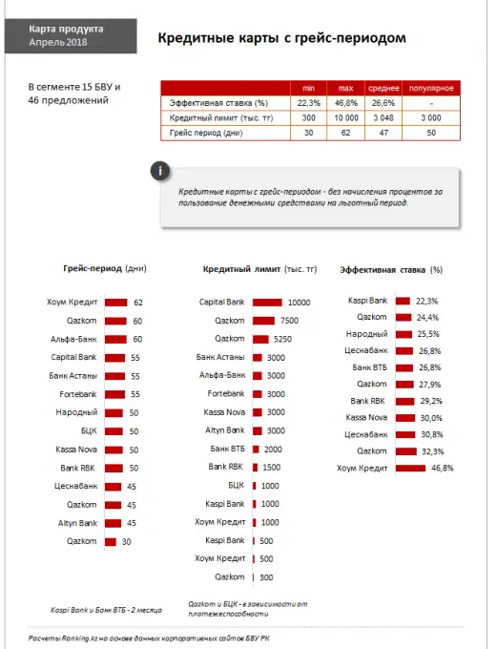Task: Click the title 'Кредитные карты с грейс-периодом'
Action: coord(281,38)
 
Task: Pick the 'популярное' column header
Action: coord(431,88)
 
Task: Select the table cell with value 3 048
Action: coord(383,117)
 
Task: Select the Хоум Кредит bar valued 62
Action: coord(115,303)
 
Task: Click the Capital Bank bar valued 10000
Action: coord(267,303)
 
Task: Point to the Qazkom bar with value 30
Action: coord(110,541)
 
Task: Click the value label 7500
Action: coord(290,321)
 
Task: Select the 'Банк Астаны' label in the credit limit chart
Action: coord(221,357)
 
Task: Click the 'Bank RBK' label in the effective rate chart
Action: coord(367,401)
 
